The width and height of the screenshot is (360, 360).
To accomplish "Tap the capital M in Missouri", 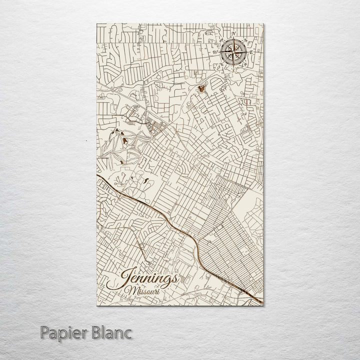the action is pos(130,290).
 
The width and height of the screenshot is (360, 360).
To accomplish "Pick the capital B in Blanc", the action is pos(98,332).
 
